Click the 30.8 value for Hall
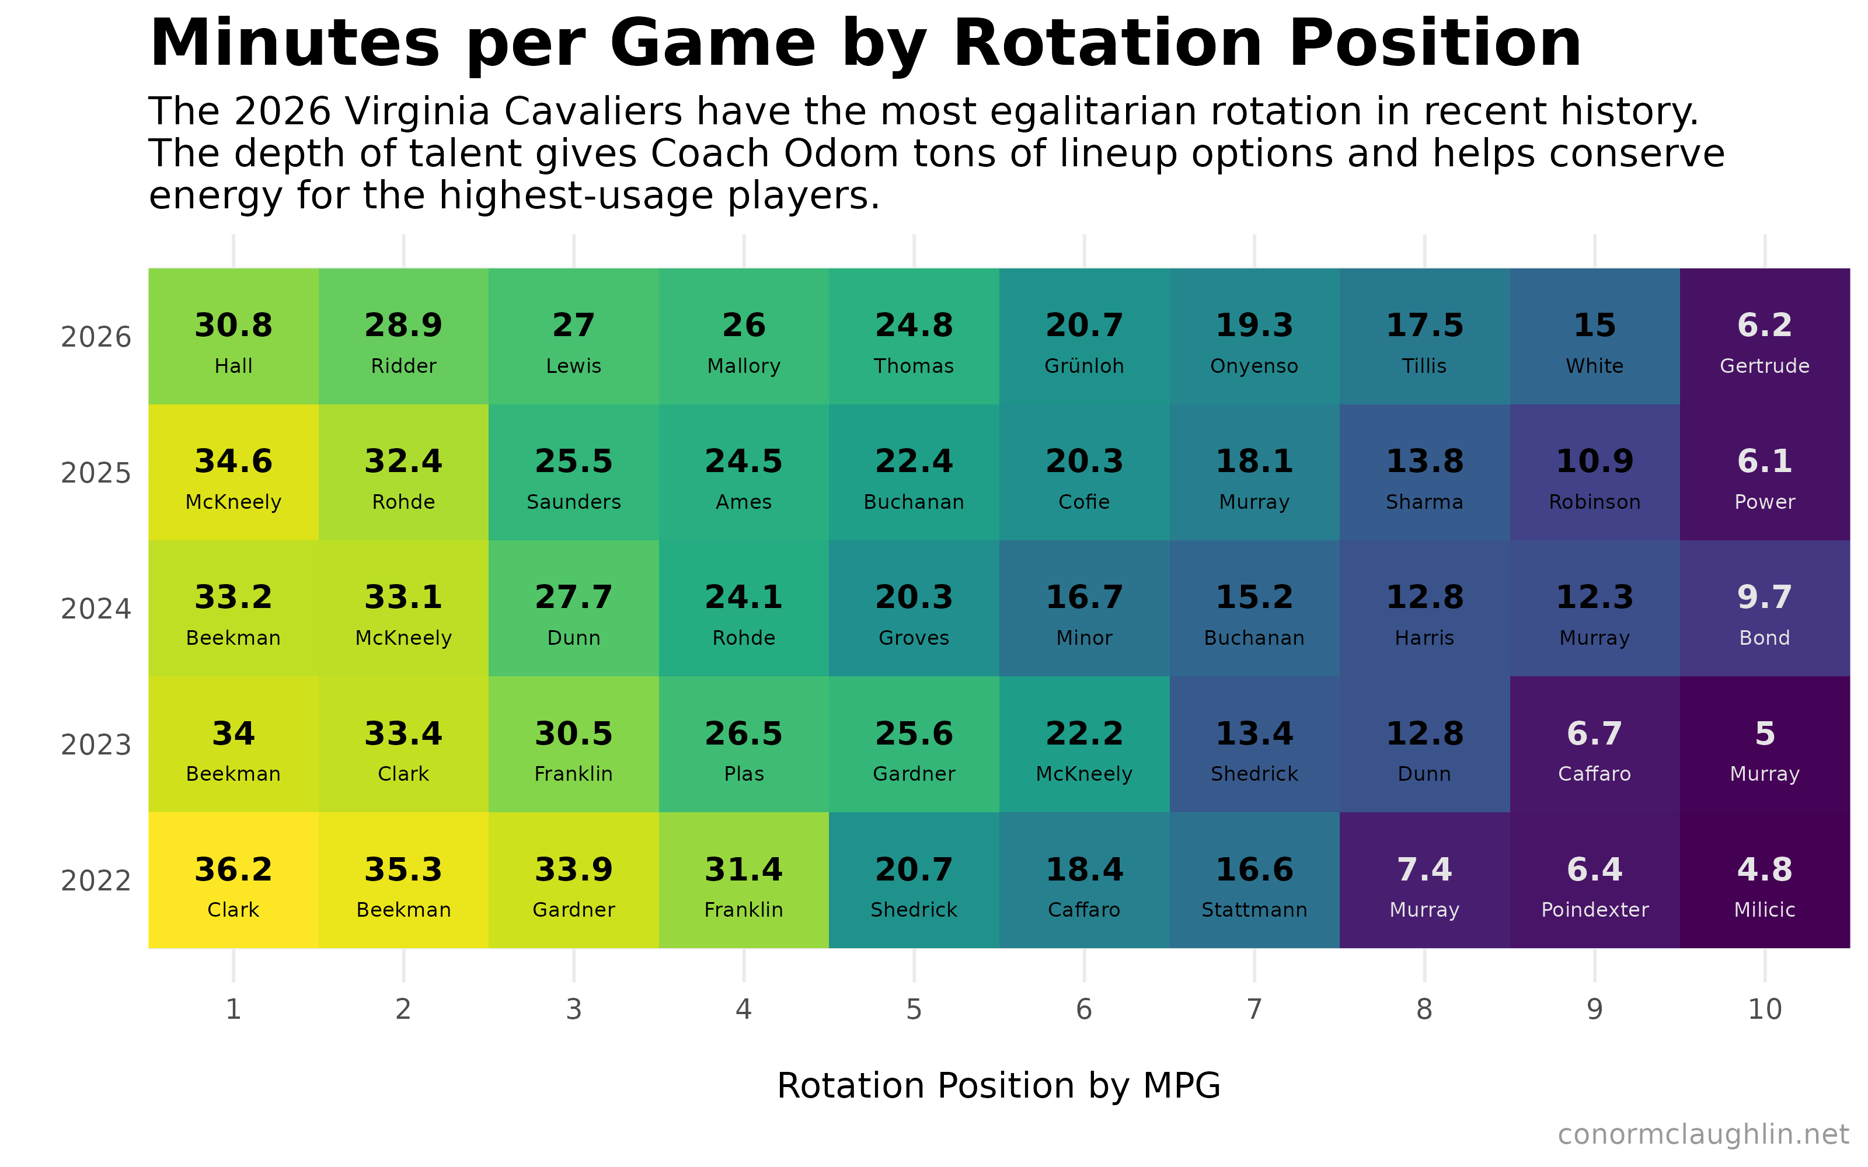(233, 326)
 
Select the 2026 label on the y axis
(96, 337)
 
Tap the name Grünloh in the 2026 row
(1084, 366)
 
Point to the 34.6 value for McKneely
(233, 462)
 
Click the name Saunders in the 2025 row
(573, 502)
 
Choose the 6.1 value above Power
(1765, 462)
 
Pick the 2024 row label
(96, 609)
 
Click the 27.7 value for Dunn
(573, 598)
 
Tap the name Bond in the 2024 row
(1765, 638)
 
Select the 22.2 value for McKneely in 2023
(1084, 734)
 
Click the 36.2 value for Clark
(233, 870)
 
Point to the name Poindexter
(1595, 910)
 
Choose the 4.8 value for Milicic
(1765, 870)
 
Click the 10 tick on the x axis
(1765, 1009)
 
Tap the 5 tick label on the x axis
(914, 1009)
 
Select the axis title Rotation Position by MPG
(999, 1086)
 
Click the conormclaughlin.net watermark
(1703, 1134)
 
